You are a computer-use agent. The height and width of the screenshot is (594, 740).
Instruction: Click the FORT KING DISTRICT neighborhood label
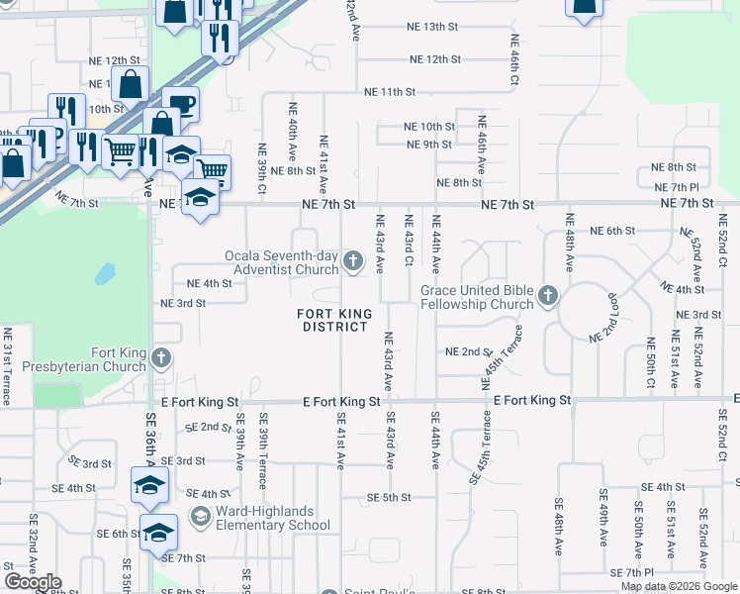click(336, 320)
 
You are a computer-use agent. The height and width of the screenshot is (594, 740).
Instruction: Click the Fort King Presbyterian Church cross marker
click(162, 359)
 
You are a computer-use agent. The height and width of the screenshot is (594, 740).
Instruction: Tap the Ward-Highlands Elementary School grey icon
click(201, 516)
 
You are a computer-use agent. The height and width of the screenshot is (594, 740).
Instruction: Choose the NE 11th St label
click(390, 92)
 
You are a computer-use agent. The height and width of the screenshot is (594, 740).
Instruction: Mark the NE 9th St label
click(429, 145)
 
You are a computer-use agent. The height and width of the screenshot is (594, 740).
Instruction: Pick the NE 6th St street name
click(611, 231)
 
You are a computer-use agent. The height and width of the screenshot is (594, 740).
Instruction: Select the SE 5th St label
click(388, 497)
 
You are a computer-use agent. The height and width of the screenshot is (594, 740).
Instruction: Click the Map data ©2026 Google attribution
click(678, 586)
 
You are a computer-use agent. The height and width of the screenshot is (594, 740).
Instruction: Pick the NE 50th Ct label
click(650, 362)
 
